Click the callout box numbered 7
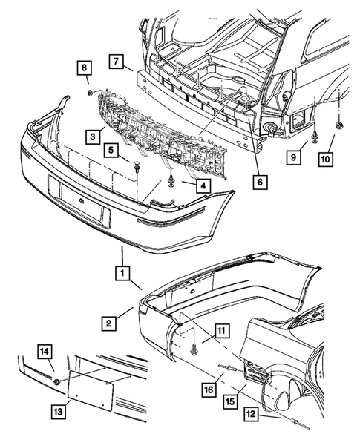[x=117, y=62]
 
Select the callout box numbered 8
[x=85, y=68]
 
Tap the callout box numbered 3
[x=93, y=137]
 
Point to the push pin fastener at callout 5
[x=137, y=167]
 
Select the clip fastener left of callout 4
[x=171, y=180]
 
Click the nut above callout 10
[x=339, y=125]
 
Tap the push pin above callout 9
[x=314, y=137]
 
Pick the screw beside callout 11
[x=193, y=349]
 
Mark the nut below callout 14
[x=57, y=381]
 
